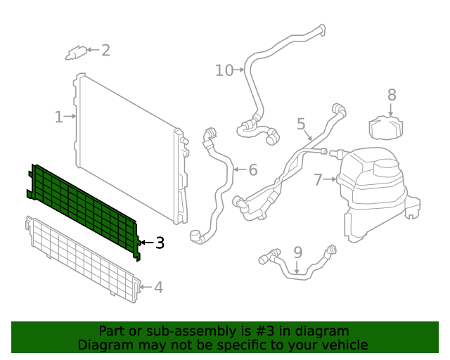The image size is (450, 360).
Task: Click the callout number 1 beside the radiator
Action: tap(59, 117)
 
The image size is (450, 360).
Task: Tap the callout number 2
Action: tap(105, 50)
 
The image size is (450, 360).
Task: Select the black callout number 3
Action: tap(160, 243)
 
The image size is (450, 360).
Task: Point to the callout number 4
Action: tap(158, 287)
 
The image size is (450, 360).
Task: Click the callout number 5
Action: tap(301, 124)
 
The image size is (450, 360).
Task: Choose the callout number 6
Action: tap(252, 169)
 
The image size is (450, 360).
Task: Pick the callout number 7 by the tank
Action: tap(318, 180)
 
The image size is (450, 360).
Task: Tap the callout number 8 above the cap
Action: tap(392, 95)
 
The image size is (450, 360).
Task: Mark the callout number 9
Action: tap(297, 252)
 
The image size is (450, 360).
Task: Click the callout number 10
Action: tap(224, 70)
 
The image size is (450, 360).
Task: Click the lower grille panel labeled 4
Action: tap(81, 257)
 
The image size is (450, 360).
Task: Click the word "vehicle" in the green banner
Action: tap(344, 345)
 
